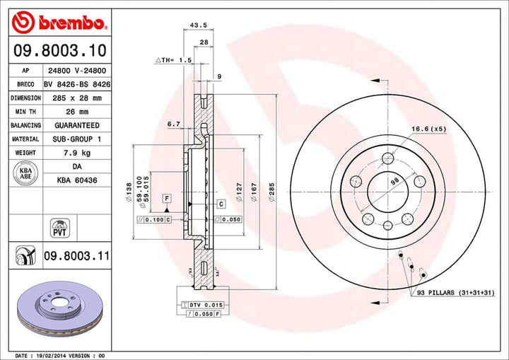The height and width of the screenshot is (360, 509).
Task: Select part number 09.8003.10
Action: pos(60,50)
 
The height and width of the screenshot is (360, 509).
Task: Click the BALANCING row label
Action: pos(25,125)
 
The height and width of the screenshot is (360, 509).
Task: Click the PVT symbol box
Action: pos(59,227)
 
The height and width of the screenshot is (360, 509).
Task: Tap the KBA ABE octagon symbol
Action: pos(25,173)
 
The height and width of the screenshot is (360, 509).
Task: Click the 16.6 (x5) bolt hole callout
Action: pos(429,128)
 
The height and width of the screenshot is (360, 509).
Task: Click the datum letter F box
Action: pos(168,199)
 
